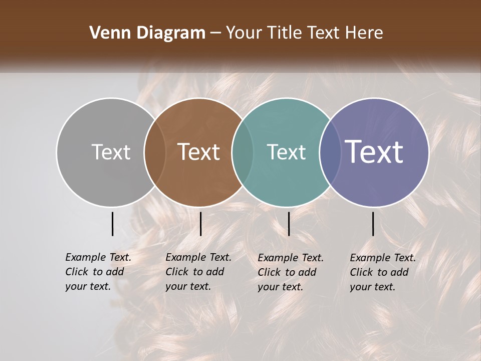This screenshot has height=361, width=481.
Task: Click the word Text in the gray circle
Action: pyautogui.click(x=111, y=152)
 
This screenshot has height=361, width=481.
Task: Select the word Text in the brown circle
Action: pyautogui.click(x=198, y=152)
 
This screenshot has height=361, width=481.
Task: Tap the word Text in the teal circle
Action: pyautogui.click(x=286, y=152)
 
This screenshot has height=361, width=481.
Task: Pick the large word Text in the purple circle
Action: pyautogui.click(x=374, y=151)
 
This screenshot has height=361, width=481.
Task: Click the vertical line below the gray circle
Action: pyautogui.click(x=112, y=224)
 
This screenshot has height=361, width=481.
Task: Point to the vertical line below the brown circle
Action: pyautogui.click(x=200, y=224)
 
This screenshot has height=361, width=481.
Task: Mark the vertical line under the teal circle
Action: pyautogui.click(x=289, y=224)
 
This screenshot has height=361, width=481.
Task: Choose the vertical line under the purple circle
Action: pyautogui.click(x=373, y=224)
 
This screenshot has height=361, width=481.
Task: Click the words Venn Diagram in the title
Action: pyautogui.click(x=147, y=33)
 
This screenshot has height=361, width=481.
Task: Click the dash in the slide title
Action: pyautogui.click(x=215, y=33)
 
